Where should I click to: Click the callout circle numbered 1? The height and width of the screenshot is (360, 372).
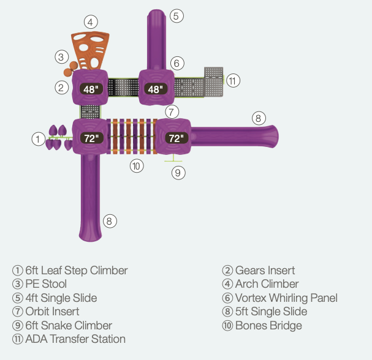39,139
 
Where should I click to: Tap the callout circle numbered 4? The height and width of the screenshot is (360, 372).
90,23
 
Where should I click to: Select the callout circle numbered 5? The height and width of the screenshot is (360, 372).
177,16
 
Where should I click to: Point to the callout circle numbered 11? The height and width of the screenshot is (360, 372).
232,80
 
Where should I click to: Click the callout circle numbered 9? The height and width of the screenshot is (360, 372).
178,173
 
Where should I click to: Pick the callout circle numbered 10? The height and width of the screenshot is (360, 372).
136,165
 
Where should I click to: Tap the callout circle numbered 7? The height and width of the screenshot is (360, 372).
172,111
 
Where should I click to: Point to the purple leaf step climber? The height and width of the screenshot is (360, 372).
58,138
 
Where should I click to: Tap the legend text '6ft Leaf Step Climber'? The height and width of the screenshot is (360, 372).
76,270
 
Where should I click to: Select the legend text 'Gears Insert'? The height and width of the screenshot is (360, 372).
265,270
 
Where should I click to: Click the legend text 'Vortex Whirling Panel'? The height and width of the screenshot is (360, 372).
286,298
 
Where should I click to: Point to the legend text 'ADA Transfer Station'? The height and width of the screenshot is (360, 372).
75,339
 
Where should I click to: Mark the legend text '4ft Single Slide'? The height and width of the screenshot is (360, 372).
61,298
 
